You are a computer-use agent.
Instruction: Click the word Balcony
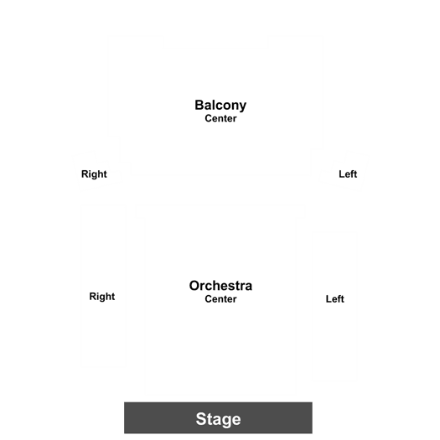click(220, 106)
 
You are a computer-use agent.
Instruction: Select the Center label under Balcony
click(220, 118)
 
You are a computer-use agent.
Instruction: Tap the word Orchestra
click(220, 286)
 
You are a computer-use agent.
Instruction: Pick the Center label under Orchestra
click(220, 299)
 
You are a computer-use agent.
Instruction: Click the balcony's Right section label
click(94, 174)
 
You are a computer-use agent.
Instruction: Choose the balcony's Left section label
click(348, 174)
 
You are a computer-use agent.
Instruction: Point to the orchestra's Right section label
click(102, 297)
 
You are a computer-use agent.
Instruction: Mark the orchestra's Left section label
click(334, 299)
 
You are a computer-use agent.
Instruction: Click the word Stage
click(218, 419)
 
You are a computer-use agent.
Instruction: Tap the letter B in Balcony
click(199, 106)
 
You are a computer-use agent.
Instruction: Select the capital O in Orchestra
click(194, 286)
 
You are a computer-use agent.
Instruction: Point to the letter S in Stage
click(200, 419)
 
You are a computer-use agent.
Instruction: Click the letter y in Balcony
click(242, 108)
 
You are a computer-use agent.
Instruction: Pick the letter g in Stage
click(225, 422)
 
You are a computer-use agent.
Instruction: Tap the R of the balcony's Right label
click(85, 174)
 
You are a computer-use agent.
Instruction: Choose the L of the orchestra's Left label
click(329, 299)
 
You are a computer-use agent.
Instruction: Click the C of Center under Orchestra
click(209, 299)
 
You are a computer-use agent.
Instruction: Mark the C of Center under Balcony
click(209, 118)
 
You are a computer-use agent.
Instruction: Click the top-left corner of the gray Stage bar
click(124, 402)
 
